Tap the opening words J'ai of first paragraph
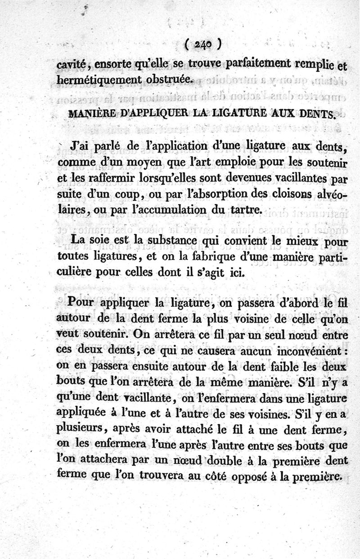[81, 146]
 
